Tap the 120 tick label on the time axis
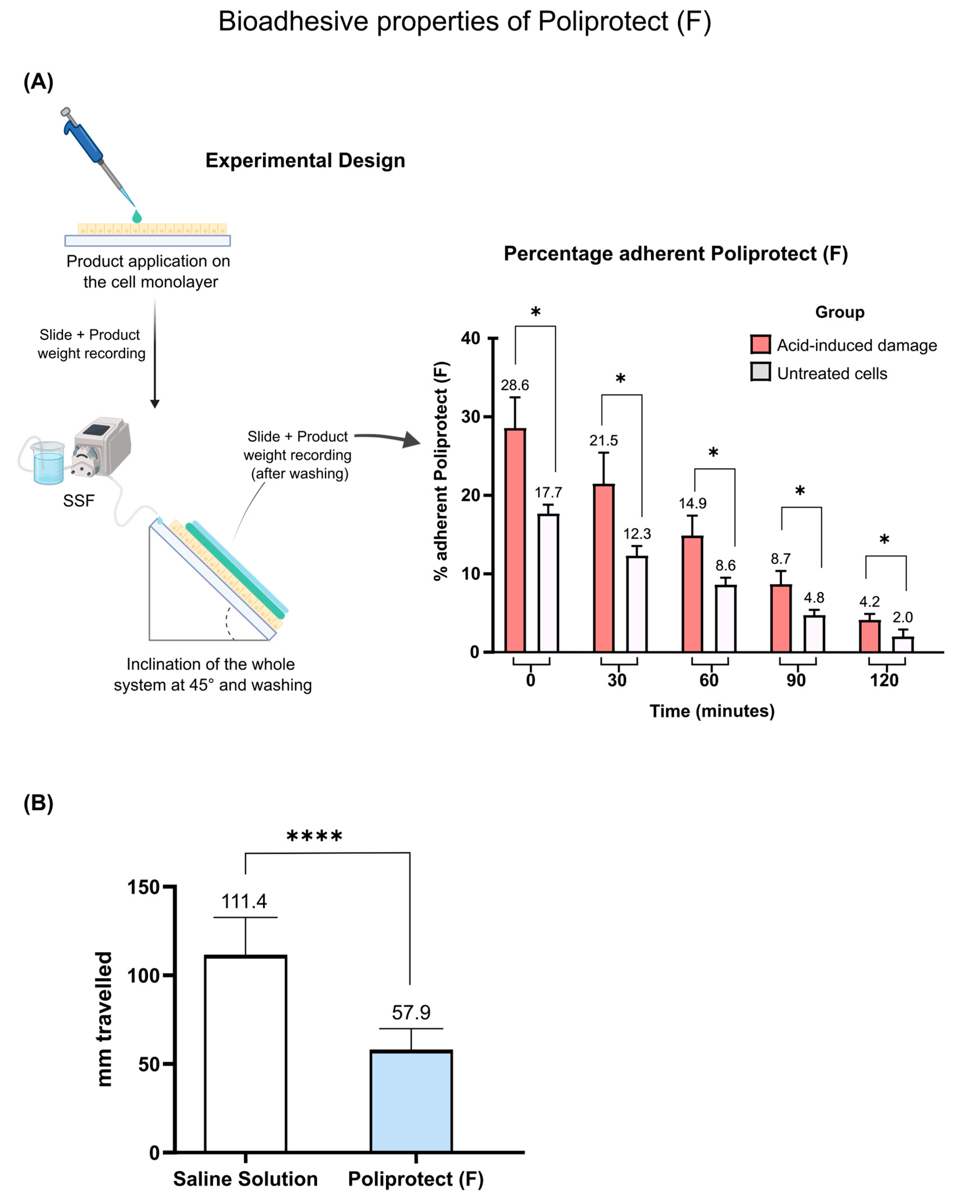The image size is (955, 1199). [x=884, y=680]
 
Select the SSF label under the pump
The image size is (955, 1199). [x=78, y=501]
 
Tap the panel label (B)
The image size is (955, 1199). [x=38, y=803]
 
